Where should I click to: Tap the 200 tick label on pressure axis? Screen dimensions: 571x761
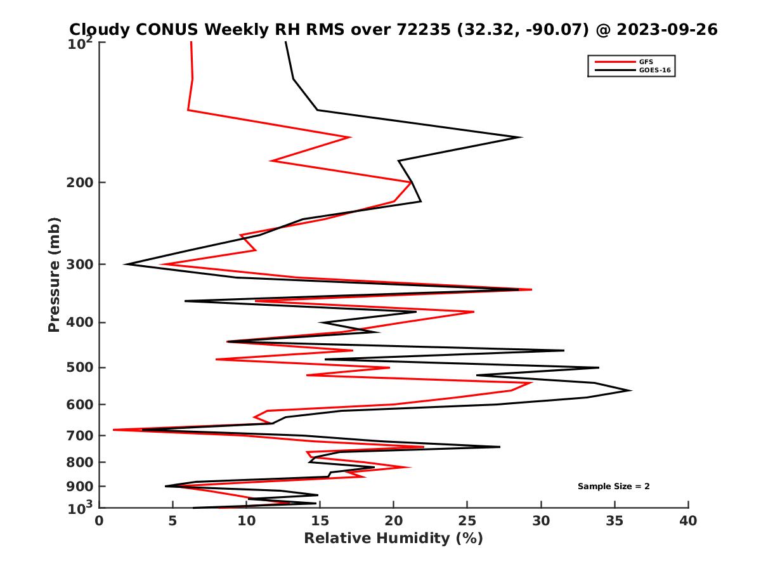77,183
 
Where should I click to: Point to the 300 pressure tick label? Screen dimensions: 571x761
77,265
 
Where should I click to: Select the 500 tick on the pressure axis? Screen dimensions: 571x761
77,368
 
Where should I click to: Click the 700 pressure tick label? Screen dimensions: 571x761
77,436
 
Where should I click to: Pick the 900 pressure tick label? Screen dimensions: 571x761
77,487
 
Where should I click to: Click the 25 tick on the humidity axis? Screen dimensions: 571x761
467,521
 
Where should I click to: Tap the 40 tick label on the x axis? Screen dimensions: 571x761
688,521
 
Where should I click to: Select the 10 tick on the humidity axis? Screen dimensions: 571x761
246,521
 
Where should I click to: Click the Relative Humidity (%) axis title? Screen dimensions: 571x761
393,539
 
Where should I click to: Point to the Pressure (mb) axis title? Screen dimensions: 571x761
54,274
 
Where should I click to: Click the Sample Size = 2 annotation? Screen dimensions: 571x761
613,487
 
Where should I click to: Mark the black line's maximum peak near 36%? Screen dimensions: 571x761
631,390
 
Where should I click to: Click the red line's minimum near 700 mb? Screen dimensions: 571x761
114,430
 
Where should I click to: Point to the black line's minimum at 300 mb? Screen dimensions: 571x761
125,264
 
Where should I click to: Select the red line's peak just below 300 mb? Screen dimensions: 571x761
531,289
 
